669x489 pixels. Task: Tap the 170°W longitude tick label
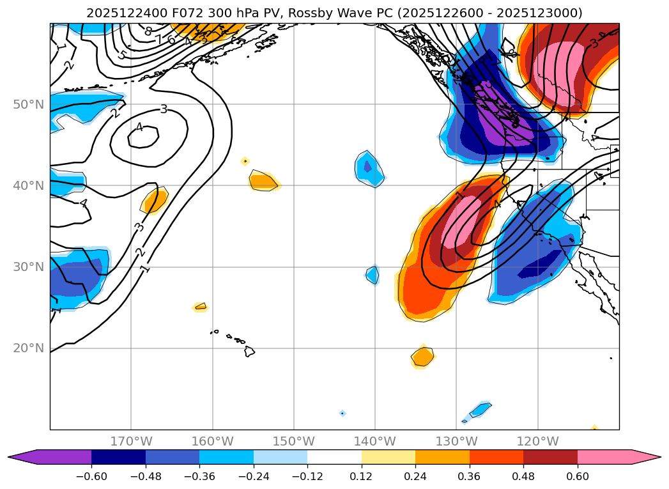[131, 441]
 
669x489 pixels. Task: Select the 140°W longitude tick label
[374, 441]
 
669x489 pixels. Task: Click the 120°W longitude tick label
[537, 441]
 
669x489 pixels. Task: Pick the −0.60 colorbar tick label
[91, 476]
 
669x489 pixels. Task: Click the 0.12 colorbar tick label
[362, 476]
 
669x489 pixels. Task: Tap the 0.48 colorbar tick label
[523, 476]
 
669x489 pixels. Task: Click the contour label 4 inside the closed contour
[139, 127]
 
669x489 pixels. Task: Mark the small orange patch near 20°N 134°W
[422, 356]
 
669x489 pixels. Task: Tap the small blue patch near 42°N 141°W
[369, 168]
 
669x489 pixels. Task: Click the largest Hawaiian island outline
[249, 352]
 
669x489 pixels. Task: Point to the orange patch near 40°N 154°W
[263, 182]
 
